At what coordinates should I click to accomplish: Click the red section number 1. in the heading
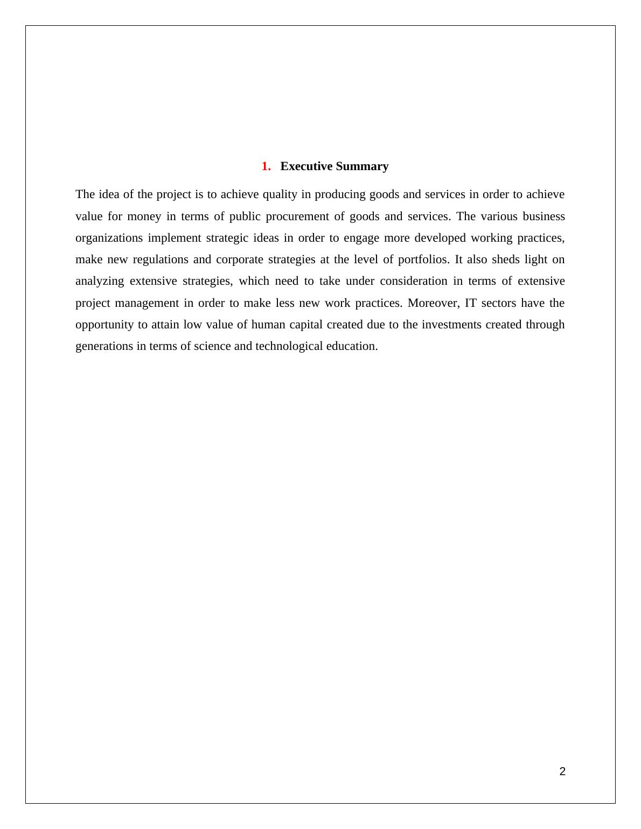(266, 166)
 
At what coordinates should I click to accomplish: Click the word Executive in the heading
(305, 166)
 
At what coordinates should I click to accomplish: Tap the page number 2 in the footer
(562, 771)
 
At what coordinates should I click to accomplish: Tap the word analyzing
(100, 281)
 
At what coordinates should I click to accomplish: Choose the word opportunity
(104, 325)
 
